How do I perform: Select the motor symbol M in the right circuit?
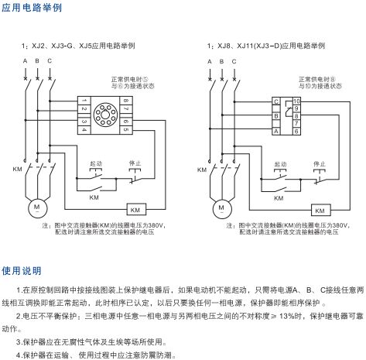pyautogui.click(x=221, y=208)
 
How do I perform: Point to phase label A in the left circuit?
pyautogui.click(x=26, y=60)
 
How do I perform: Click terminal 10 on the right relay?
pyautogui.click(x=296, y=101)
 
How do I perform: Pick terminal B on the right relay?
pyautogui.click(x=275, y=116)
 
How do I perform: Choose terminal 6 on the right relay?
pyautogui.click(x=296, y=132)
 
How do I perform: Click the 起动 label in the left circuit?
pyautogui.click(x=96, y=164)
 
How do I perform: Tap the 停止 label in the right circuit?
pyautogui.click(x=316, y=164)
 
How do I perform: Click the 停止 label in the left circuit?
pyautogui.click(x=132, y=164)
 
